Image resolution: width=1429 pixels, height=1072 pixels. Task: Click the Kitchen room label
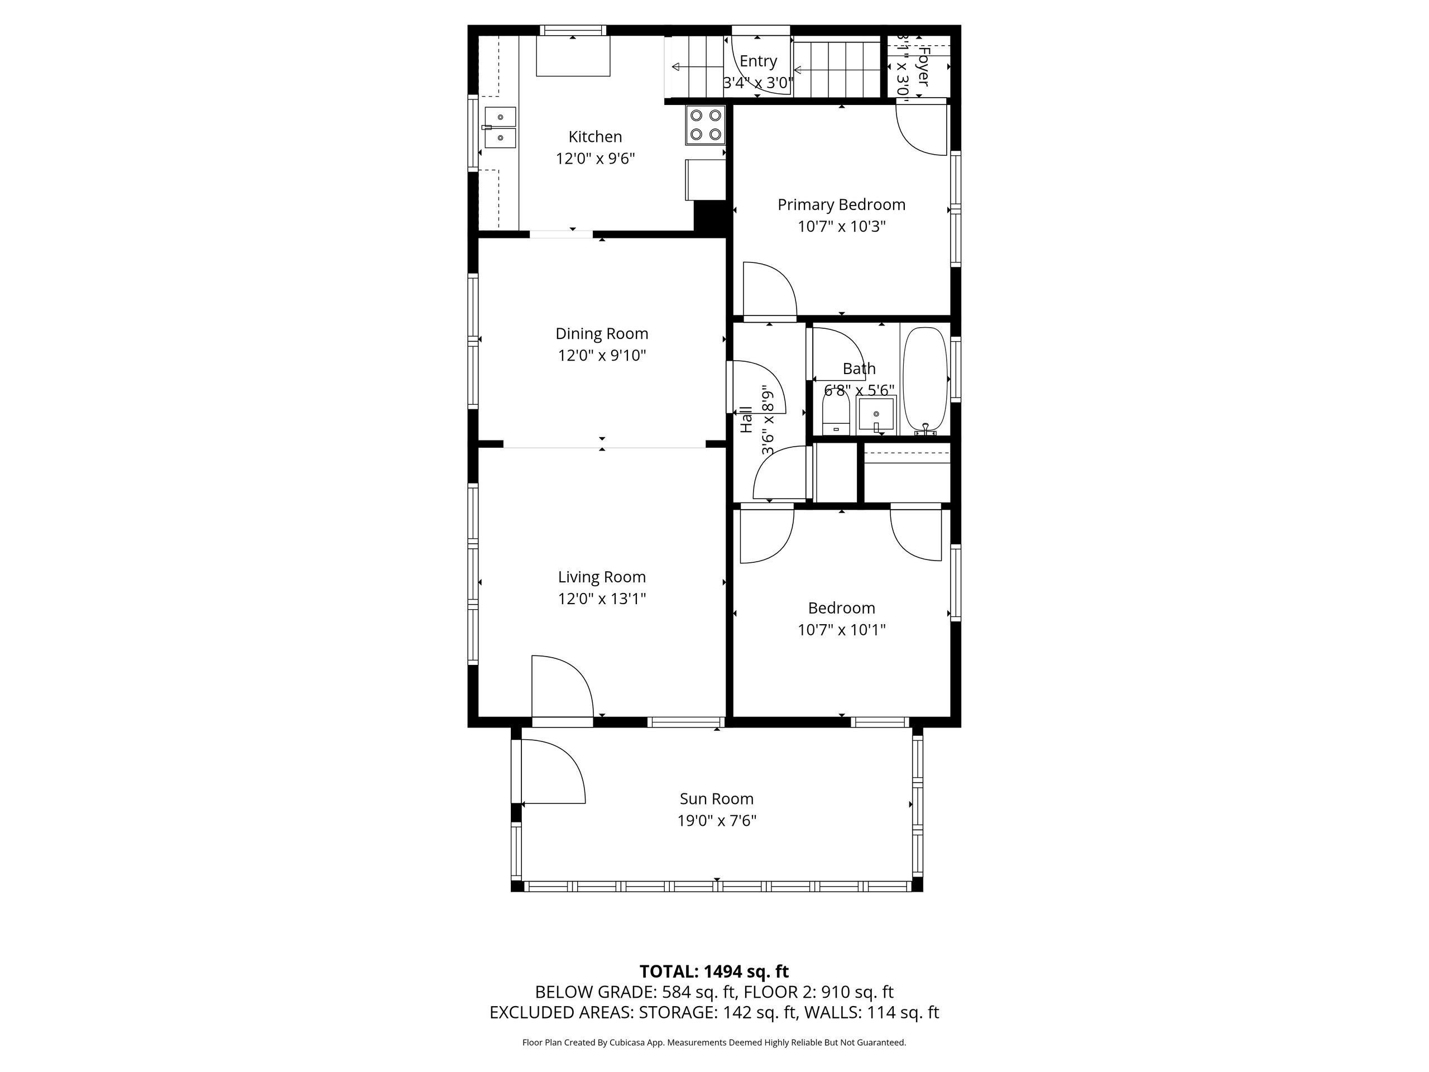595,136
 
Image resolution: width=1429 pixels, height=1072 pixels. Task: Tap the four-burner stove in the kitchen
706,125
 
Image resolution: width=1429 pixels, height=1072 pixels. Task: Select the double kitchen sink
501,127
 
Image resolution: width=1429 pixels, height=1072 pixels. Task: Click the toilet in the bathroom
835,414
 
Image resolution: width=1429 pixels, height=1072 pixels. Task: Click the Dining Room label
601,333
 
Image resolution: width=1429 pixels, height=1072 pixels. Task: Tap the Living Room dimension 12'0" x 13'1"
601,599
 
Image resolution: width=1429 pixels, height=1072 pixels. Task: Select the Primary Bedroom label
841,204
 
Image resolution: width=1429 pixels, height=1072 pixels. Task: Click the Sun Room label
716,798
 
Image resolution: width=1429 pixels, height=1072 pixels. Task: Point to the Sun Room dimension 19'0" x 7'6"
716,821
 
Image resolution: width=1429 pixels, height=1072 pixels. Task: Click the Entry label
758,61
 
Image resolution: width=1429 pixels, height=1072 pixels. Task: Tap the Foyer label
923,66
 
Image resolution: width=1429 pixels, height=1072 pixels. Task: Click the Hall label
746,419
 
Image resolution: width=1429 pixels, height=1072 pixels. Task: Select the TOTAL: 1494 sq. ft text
714,971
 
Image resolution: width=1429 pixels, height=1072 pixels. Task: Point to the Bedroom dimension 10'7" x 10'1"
841,629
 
